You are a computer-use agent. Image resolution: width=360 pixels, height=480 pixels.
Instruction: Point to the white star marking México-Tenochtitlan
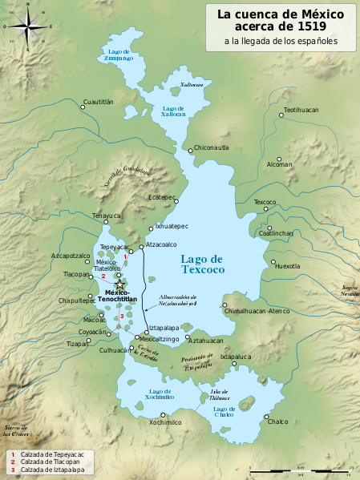[119, 284]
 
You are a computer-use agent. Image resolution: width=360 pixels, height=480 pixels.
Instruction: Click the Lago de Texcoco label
[201, 264]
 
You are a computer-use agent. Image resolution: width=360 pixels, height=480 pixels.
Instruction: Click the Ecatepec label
[162, 197]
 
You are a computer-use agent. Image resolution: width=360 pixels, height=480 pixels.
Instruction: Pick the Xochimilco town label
[160, 422]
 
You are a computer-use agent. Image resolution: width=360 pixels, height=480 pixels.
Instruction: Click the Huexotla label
[288, 266]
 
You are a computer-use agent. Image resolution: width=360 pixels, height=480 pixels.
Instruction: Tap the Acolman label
[280, 164]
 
